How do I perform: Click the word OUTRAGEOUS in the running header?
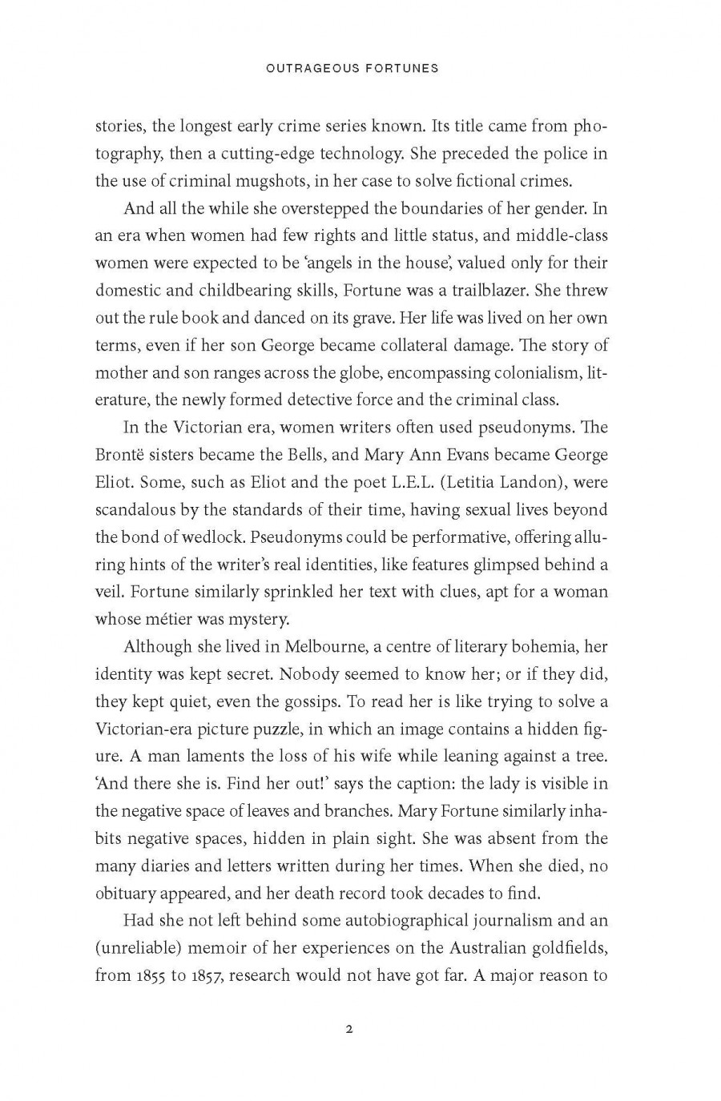point(303,68)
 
